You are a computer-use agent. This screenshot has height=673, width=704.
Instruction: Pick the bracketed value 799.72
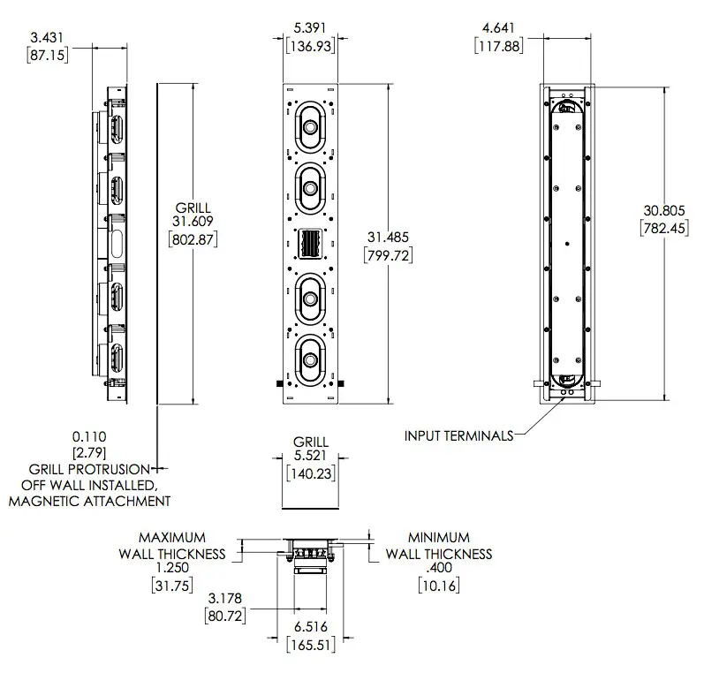pos(389,254)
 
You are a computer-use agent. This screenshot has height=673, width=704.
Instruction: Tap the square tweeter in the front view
pos(310,244)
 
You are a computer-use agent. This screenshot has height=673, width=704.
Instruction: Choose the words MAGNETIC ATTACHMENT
pos(89,502)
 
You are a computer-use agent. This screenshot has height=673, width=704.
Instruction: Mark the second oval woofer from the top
pos(310,186)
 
